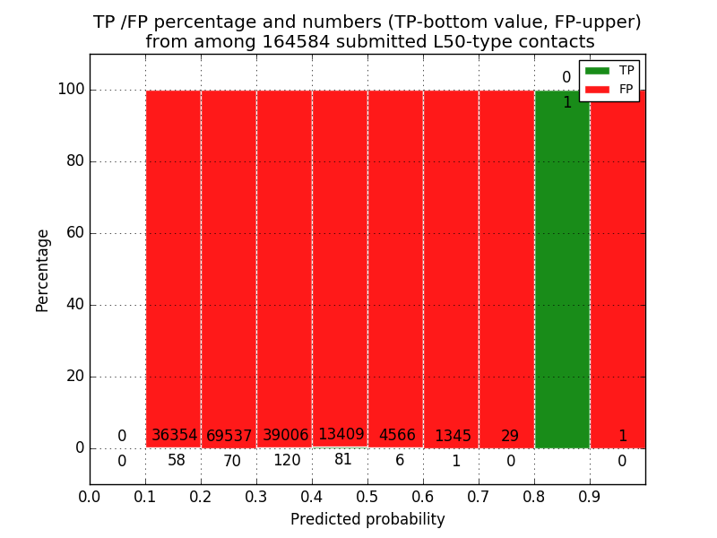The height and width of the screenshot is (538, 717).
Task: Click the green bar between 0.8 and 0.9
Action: point(562,269)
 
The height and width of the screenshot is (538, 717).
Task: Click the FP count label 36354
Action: point(174,435)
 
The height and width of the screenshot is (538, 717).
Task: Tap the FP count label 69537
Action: point(229,436)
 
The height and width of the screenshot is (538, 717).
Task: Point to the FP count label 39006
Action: point(285,435)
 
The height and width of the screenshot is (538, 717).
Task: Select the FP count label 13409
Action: point(341,435)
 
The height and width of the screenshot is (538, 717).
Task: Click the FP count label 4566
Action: point(397,435)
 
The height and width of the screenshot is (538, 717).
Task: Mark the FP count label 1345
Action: point(453,436)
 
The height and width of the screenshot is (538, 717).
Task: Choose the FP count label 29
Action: point(510,436)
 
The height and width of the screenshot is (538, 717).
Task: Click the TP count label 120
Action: point(287,461)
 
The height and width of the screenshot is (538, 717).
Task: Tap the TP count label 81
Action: point(342,459)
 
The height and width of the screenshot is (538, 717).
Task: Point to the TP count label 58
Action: point(176,461)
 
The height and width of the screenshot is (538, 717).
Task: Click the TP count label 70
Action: point(232,462)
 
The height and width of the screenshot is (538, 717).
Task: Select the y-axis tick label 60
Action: point(73,233)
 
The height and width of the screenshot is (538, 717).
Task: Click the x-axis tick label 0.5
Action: point(367,496)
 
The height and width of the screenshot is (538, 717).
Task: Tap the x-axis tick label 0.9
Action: point(590,496)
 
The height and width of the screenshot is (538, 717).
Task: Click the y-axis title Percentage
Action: point(42,269)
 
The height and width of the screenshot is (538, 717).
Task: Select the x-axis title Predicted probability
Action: point(367,519)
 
